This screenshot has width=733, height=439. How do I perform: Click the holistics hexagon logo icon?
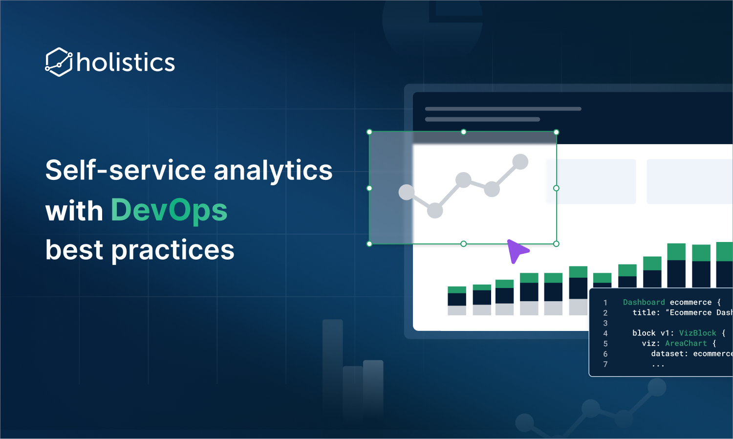point(59,62)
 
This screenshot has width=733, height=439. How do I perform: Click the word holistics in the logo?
point(126,62)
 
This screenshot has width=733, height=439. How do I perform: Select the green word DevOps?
point(169,211)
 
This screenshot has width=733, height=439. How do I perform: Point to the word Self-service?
point(126,170)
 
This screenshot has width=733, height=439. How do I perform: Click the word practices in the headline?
point(173,251)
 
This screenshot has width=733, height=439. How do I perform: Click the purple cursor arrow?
point(517,250)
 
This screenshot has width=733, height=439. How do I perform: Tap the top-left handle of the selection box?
point(369,132)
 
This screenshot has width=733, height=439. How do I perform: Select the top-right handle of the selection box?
point(556,132)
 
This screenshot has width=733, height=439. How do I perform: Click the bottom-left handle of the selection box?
point(369,244)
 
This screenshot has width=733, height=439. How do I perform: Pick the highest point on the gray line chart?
point(520,162)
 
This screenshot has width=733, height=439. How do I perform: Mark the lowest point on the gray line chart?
point(435,211)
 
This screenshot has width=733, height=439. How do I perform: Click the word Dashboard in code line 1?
point(644,302)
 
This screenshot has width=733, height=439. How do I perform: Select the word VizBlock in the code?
point(698,333)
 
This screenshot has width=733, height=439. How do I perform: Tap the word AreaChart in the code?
point(686,343)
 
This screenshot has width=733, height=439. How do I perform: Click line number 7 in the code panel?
point(605,364)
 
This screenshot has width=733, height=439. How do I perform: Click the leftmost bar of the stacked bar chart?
point(457,301)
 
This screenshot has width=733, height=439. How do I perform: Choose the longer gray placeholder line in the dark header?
point(503,109)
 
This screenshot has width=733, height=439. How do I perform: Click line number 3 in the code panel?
point(605,323)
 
